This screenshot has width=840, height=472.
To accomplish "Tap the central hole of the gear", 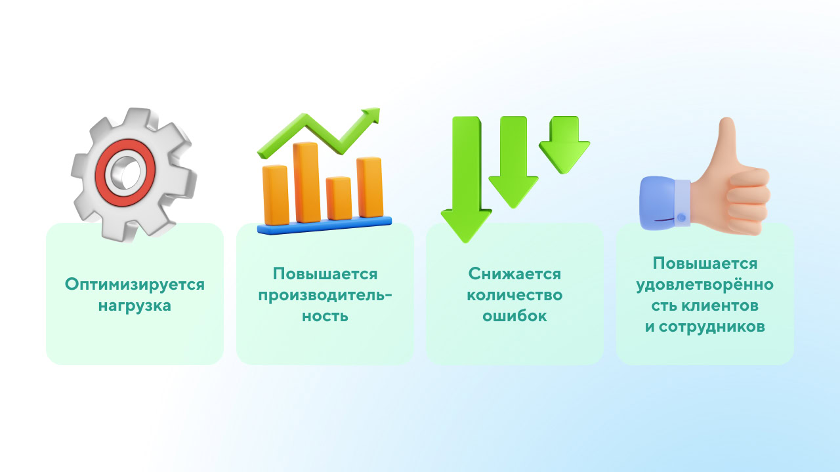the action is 127,173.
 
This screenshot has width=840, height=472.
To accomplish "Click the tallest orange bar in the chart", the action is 306,182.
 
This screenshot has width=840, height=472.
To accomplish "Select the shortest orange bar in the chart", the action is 339,198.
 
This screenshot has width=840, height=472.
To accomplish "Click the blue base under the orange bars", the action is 324,226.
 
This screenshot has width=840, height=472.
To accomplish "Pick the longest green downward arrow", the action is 466,180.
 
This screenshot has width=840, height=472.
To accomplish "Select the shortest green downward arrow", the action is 564,145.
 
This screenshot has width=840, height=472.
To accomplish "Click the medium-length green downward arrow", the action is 513,162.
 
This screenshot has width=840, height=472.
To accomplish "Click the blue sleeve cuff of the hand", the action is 663,203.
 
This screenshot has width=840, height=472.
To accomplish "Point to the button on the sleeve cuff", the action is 682,217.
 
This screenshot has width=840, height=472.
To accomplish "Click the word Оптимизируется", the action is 135,285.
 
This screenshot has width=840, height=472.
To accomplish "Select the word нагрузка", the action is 135,305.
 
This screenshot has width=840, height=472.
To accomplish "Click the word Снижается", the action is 514,274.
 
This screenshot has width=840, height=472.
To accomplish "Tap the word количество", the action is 514,295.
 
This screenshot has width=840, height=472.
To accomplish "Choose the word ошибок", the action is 514,316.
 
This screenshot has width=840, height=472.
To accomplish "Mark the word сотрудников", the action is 712,327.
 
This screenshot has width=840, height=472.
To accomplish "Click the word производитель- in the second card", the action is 325,296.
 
